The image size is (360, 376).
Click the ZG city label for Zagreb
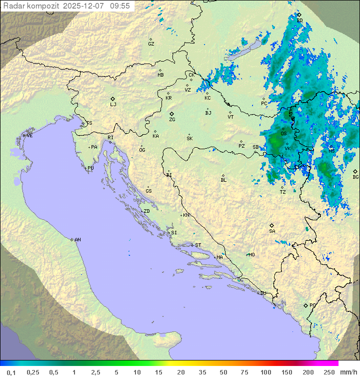[172, 120]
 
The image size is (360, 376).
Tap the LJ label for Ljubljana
[113, 104]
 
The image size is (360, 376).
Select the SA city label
[272, 231]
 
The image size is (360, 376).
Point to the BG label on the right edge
[355, 177]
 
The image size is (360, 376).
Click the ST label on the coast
[198, 245]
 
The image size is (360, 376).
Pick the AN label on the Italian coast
[77, 240]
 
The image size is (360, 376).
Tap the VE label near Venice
[29, 136]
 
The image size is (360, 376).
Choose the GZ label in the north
[151, 44]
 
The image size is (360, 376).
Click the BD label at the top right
[299, 21]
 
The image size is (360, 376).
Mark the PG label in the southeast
[312, 305]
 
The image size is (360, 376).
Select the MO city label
[251, 254]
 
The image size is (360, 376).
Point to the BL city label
[223, 180]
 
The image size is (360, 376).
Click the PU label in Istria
[90, 168]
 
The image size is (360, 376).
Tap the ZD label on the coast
[146, 211]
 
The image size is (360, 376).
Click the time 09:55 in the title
[120, 6]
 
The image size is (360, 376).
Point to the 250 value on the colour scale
[329, 372]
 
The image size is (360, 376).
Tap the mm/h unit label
[348, 372]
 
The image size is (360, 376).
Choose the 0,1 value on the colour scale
[11, 372]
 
